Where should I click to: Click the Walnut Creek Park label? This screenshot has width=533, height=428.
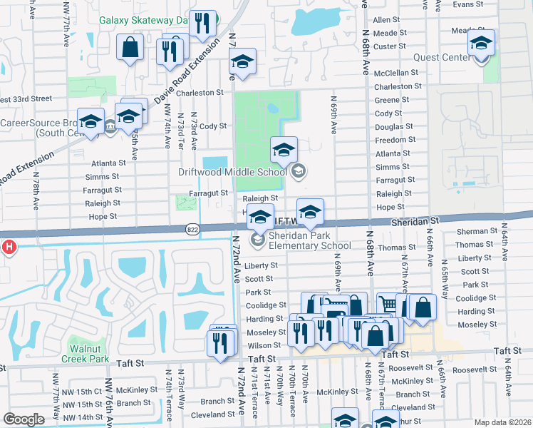[89, 354]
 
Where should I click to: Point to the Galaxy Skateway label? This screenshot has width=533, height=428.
[143, 21]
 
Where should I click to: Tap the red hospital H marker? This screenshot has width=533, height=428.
[9, 248]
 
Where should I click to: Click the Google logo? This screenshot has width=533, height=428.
[24, 419]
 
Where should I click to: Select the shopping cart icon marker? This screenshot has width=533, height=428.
[387, 305]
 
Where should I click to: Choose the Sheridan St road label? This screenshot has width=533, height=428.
[413, 223]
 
